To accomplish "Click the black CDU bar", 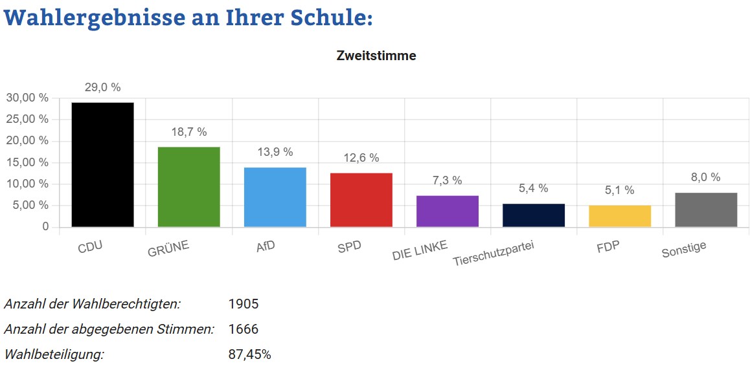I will [102, 165].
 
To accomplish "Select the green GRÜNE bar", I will [188, 187].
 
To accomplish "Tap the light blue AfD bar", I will [275, 197].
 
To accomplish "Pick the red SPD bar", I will [361, 200].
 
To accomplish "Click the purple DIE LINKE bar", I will [447, 211].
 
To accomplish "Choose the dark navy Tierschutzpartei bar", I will [533, 215].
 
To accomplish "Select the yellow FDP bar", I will [619, 216].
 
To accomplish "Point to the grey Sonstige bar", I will [705, 210].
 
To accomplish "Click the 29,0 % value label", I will [102, 87].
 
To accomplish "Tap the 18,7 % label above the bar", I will [188, 132].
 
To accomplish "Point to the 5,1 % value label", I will [619, 190].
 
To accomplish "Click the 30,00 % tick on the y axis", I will [27, 98].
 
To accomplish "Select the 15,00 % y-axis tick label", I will [27, 162].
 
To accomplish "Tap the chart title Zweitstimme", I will [376, 56].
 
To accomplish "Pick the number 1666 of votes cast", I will [244, 329].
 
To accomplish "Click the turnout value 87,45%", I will [249, 354].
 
